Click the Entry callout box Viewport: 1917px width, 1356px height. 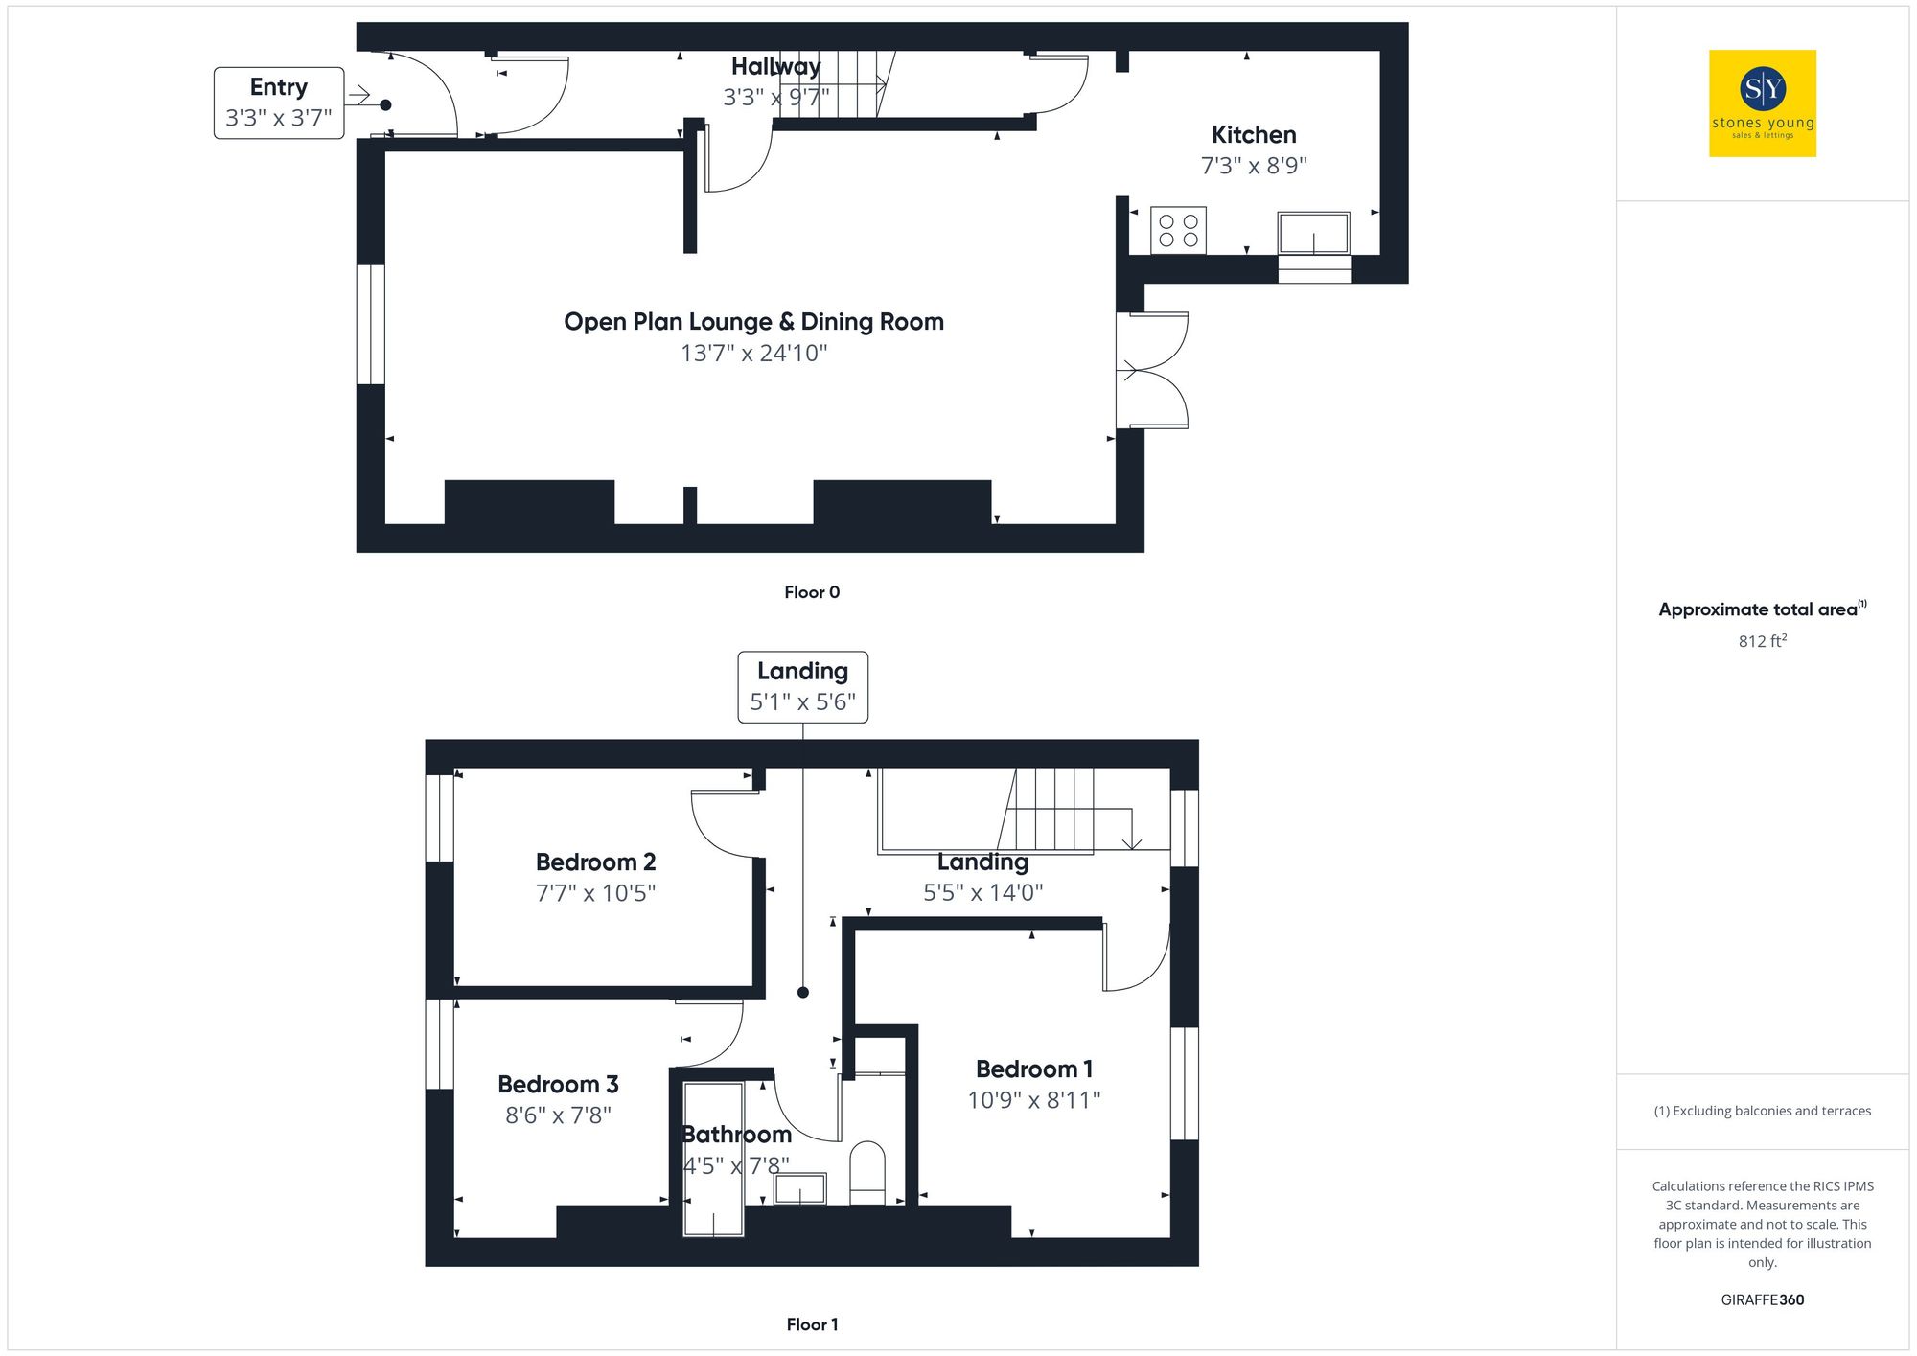click(278, 103)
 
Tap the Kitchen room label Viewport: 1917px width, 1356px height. click(1253, 135)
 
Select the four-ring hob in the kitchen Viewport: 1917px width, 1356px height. click(1178, 230)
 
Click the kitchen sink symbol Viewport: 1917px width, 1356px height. click(1313, 233)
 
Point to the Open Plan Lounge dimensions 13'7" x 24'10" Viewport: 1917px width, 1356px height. click(753, 354)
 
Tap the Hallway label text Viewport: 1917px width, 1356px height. click(775, 66)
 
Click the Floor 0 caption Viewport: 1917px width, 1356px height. click(811, 592)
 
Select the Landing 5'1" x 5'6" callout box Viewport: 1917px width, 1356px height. click(802, 686)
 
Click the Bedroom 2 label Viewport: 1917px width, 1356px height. click(595, 862)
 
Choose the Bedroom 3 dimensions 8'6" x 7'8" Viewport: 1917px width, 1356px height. click(558, 1115)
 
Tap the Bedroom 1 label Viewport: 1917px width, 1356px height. click(1033, 1069)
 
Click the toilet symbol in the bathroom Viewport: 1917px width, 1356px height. click(867, 1171)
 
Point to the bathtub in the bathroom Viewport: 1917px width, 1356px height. click(713, 1160)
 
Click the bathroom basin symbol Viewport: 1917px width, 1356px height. click(800, 1189)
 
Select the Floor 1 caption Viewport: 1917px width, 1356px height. click(811, 1324)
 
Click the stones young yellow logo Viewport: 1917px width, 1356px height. click(1762, 103)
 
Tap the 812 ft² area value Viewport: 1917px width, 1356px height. click(1762, 641)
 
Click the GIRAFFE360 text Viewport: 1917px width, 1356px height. click(1762, 1300)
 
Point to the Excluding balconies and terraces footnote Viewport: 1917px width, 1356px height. click(1762, 1111)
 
